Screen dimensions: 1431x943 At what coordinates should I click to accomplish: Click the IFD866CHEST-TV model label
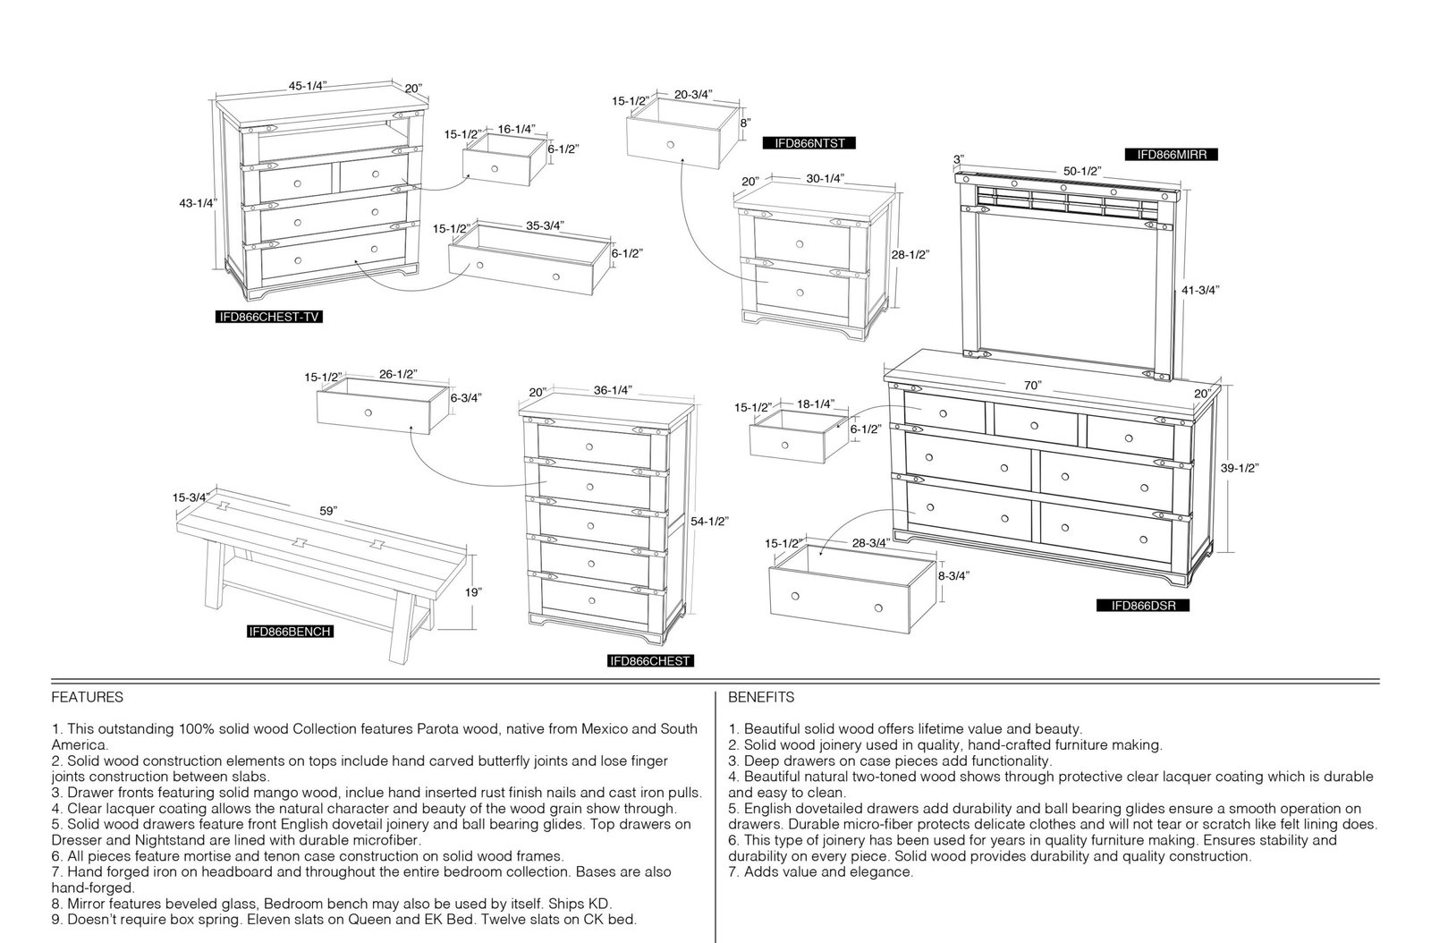point(269,317)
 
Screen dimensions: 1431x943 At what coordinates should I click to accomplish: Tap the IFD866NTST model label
point(809,143)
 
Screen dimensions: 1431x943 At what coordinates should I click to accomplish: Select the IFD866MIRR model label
point(1172,155)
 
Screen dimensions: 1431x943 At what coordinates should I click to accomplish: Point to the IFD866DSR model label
point(1143,606)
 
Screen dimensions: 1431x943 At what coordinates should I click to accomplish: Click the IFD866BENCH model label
point(290,632)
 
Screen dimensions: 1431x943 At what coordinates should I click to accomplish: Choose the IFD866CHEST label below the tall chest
point(650,661)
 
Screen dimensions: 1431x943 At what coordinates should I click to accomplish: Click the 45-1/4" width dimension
point(308,86)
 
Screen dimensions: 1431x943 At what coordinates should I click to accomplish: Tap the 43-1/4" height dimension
point(198,203)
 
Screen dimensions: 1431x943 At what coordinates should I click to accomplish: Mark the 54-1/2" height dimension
point(709,522)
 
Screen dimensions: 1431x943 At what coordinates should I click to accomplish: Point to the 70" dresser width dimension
point(1032,386)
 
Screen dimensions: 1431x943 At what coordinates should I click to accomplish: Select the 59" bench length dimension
point(327,511)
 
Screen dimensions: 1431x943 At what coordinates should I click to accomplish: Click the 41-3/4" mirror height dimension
point(1200,290)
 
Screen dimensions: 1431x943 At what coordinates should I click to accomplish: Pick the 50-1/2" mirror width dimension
point(1082,171)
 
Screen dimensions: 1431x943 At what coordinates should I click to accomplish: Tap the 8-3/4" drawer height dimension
point(953,575)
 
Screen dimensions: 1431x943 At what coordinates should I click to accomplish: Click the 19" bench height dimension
point(472,592)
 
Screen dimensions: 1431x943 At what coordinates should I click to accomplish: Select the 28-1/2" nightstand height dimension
point(910,254)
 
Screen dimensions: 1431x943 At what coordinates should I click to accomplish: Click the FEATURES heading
point(88,697)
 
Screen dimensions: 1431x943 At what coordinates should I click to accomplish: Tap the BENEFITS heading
point(761,697)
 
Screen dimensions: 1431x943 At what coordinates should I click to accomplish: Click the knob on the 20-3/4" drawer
point(670,144)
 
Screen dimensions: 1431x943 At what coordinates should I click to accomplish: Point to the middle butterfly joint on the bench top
point(300,543)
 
